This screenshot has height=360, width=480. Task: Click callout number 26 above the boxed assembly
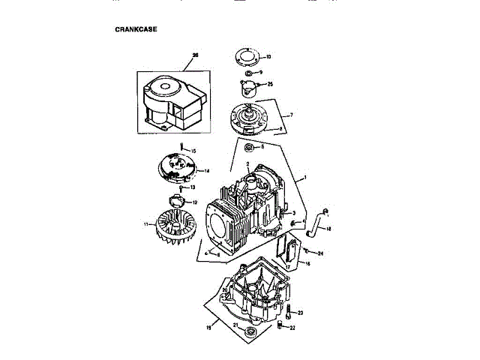(x=195, y=55)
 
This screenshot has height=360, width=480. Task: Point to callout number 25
(x=270, y=84)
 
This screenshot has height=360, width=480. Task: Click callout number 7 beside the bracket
(x=290, y=115)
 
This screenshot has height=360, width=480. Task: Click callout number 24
(x=320, y=253)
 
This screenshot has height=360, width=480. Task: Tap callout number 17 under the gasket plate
(x=288, y=266)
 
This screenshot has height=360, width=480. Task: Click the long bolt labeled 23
(x=289, y=309)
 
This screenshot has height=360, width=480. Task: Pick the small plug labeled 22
(x=280, y=325)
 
